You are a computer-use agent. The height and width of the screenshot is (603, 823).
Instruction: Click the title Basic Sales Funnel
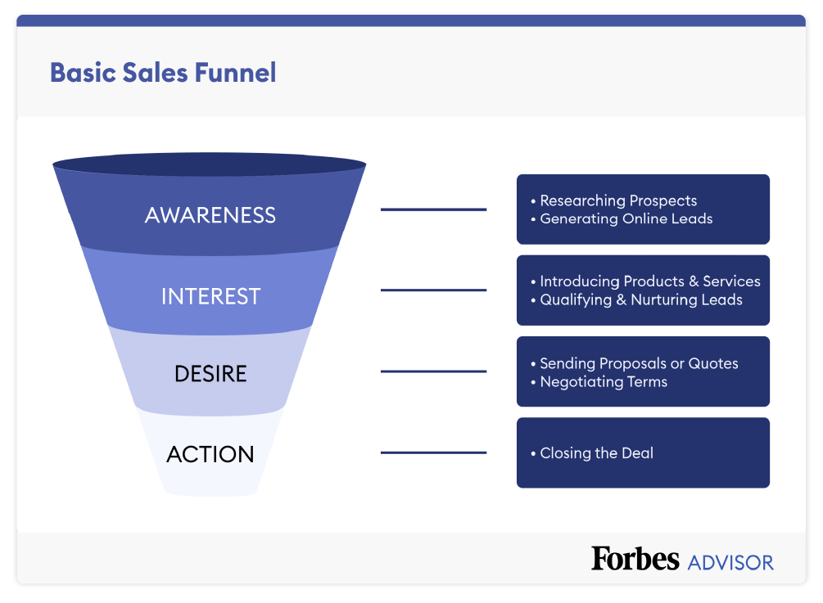(163, 73)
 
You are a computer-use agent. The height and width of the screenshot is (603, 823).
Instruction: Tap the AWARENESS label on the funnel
(210, 215)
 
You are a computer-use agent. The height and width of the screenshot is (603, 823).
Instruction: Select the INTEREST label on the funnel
(210, 295)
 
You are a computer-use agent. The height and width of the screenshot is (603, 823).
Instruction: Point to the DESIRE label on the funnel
(210, 374)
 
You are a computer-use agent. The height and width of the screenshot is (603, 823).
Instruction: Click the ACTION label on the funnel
(210, 454)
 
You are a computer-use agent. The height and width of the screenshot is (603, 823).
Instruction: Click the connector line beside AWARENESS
(433, 209)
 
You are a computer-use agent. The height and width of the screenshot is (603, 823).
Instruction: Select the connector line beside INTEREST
(433, 290)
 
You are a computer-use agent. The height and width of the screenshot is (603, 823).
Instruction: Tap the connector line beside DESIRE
(433, 371)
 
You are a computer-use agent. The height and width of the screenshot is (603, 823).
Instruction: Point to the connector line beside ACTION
(433, 452)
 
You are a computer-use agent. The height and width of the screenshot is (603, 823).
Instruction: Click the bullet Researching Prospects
(618, 200)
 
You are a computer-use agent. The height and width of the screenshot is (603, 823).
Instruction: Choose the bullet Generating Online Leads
(626, 218)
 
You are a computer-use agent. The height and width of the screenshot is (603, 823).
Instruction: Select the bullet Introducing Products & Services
(649, 281)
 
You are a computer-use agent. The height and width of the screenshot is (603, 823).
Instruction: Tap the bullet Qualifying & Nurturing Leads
(640, 299)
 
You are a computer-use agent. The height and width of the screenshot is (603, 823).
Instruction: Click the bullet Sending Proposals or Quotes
(639, 363)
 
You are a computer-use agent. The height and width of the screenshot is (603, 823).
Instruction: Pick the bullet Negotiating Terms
(604, 381)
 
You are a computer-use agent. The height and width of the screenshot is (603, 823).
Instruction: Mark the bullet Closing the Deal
(596, 453)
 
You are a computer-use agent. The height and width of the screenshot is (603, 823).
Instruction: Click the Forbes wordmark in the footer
(635, 559)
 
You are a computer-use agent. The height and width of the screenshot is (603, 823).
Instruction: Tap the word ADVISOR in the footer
(730, 563)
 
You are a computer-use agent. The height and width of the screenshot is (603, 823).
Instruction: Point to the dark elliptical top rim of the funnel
(210, 164)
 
